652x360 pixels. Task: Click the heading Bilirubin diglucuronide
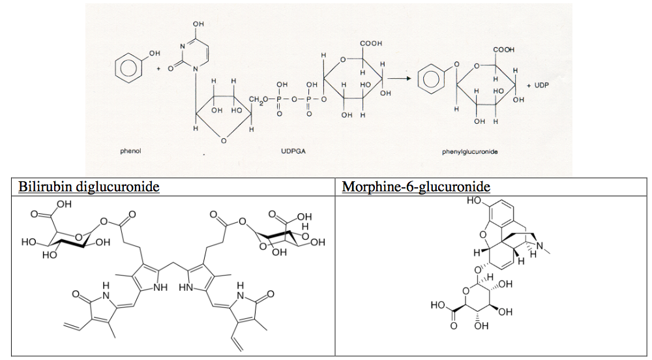89,187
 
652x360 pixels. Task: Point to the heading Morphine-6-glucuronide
416,187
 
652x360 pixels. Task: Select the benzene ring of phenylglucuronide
430,79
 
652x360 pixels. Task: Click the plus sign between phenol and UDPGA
158,68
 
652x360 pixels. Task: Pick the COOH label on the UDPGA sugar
370,44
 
